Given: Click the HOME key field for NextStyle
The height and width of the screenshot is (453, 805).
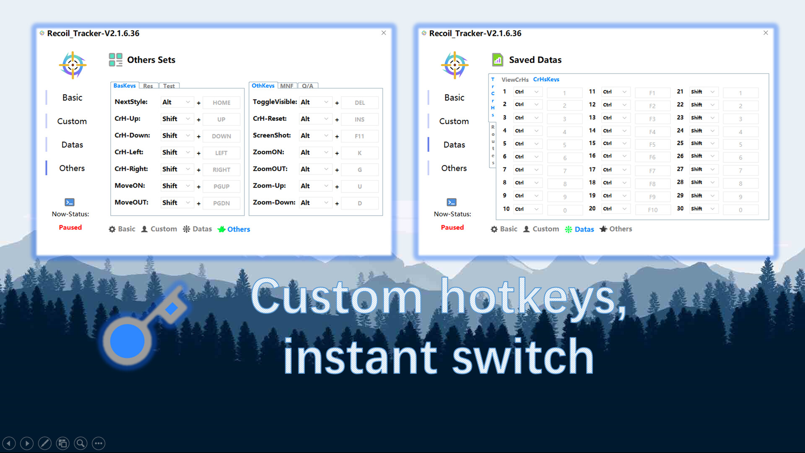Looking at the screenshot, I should (x=221, y=103).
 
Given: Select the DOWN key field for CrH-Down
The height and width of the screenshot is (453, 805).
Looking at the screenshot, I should (x=221, y=136).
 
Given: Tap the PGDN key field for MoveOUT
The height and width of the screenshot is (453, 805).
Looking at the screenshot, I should (x=221, y=203).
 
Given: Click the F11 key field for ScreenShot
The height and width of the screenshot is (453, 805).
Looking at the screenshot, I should (x=359, y=136).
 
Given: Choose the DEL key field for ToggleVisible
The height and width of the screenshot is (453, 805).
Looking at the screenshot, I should (x=359, y=103).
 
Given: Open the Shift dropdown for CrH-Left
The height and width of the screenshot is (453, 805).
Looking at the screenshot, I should (x=177, y=152).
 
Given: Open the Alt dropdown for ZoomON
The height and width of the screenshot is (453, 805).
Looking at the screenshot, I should (x=315, y=152).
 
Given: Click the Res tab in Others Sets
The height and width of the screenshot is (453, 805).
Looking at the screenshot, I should (x=148, y=86).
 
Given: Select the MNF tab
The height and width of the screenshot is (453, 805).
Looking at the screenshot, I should (x=287, y=86).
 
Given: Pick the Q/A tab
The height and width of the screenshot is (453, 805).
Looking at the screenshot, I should (x=307, y=86).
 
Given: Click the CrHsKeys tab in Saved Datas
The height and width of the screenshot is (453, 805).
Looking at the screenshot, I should (x=546, y=79).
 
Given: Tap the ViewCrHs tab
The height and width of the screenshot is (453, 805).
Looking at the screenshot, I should (x=515, y=79).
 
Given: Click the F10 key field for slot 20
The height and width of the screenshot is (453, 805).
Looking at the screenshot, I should (x=652, y=210).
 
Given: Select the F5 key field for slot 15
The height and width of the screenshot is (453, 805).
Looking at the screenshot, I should (x=652, y=145).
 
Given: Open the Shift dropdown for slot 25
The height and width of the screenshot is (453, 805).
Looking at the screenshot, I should (x=703, y=143).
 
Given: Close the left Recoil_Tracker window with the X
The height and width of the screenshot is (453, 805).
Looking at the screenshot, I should (x=384, y=33).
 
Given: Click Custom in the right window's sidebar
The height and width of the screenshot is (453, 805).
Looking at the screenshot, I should (x=454, y=121).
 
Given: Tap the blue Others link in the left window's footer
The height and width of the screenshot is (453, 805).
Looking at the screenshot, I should (x=239, y=229).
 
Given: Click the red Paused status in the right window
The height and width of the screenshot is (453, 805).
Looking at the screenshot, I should (x=452, y=227).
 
